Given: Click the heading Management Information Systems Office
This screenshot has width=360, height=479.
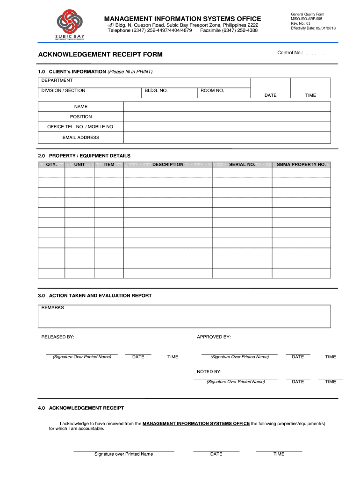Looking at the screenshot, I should (x=182, y=18).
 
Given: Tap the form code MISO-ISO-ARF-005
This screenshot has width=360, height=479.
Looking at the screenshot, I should (x=306, y=19).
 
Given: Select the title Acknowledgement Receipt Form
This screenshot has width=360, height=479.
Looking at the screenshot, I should (x=101, y=55).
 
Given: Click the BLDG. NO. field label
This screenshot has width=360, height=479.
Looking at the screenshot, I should (x=156, y=90).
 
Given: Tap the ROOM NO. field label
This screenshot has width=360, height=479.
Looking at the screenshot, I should (x=212, y=90).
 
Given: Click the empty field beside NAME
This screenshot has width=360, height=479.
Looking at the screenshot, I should (x=227, y=107).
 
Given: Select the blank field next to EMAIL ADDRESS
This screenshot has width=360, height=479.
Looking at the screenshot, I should (x=227, y=138).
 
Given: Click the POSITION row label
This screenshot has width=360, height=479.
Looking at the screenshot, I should (x=81, y=116).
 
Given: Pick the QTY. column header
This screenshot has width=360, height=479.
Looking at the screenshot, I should (x=51, y=165).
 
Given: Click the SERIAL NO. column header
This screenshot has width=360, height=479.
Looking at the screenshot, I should (x=242, y=165).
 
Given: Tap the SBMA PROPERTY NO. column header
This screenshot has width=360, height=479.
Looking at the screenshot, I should (x=301, y=165).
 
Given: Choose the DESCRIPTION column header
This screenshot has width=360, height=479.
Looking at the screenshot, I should (x=168, y=165).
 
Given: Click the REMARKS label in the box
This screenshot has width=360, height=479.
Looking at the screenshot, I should (x=53, y=308).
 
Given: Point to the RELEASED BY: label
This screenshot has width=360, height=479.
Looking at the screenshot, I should (x=58, y=337).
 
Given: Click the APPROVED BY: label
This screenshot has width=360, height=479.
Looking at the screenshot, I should (x=214, y=337).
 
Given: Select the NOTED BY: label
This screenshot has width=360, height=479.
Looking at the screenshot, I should (x=209, y=371).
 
